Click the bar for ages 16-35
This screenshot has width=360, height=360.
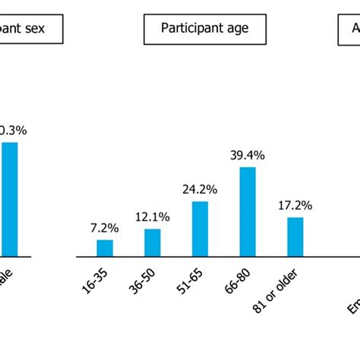click(105, 248)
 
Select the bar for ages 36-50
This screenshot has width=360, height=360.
click(153, 242)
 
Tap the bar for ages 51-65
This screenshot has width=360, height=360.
click(200, 229)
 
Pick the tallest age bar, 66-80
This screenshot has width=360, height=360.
click(248, 211)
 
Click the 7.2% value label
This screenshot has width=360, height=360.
click(105, 228)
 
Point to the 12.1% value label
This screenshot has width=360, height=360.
click(153, 217)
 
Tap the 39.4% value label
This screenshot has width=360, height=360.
click(248, 156)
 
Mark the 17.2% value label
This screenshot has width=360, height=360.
click(295, 206)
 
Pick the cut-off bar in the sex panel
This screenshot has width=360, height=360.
click(9, 199)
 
